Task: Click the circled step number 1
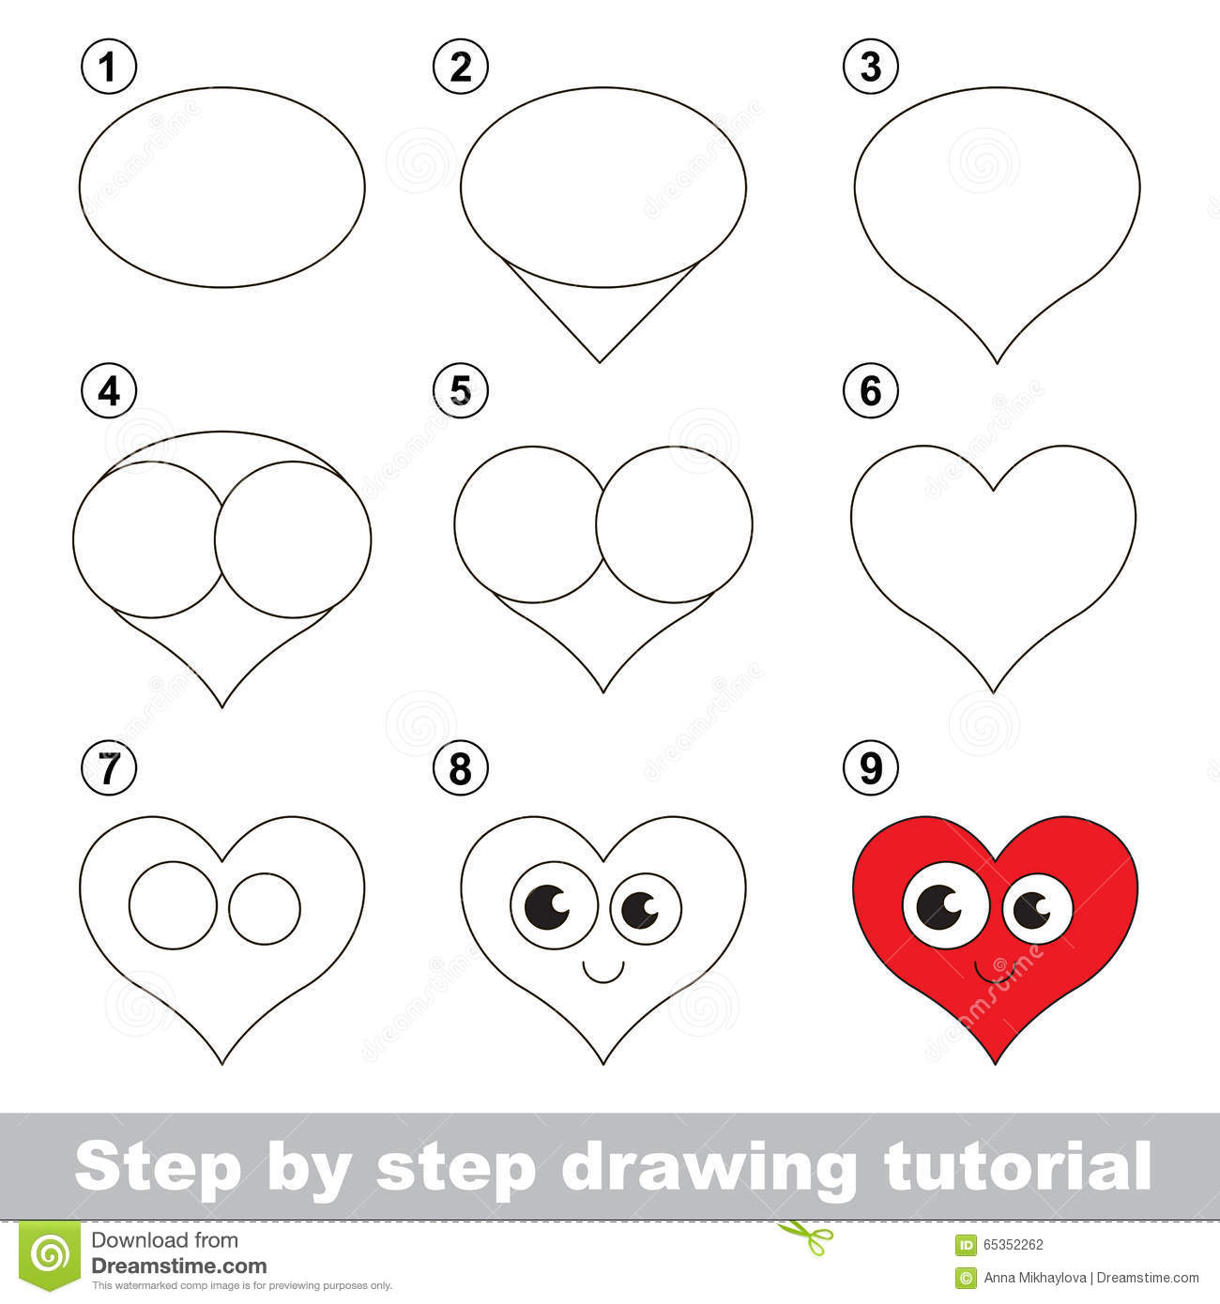109,68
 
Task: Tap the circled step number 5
460,390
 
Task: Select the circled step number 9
870,768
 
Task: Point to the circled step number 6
870,390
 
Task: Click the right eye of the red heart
1037,908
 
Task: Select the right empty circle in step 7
265,908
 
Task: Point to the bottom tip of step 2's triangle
601,361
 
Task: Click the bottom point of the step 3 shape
997,362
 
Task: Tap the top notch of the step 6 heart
994,489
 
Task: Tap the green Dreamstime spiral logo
53,1252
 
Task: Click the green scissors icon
793,1229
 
